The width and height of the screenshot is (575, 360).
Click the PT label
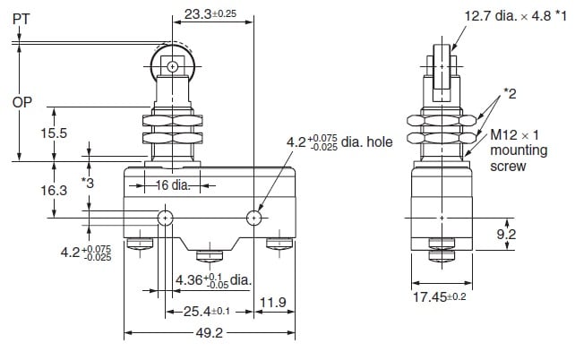(x=21, y=19)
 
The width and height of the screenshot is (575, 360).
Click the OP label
(x=22, y=102)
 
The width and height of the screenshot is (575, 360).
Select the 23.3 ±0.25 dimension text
(x=210, y=14)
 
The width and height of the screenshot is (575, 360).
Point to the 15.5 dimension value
(x=54, y=133)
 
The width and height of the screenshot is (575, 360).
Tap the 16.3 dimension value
(x=54, y=190)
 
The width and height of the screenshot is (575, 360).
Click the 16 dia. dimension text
(x=173, y=185)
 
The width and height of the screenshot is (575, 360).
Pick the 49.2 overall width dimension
(x=209, y=333)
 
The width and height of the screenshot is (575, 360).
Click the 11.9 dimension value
(x=273, y=303)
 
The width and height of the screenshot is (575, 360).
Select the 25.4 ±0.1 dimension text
(x=207, y=312)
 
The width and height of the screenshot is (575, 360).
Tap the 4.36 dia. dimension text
(x=213, y=281)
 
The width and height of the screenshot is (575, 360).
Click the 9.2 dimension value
(x=506, y=235)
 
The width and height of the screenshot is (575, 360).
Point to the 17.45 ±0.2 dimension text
(x=440, y=297)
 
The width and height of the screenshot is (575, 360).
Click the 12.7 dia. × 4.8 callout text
(x=516, y=16)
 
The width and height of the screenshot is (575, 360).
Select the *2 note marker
(x=510, y=94)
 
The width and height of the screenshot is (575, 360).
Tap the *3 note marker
(x=88, y=183)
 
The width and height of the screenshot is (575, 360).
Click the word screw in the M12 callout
(x=508, y=166)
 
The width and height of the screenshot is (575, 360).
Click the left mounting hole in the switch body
(x=166, y=219)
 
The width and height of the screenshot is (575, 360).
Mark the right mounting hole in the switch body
(x=253, y=219)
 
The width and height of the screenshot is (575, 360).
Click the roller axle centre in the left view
(x=172, y=67)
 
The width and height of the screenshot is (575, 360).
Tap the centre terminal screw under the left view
(x=210, y=256)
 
